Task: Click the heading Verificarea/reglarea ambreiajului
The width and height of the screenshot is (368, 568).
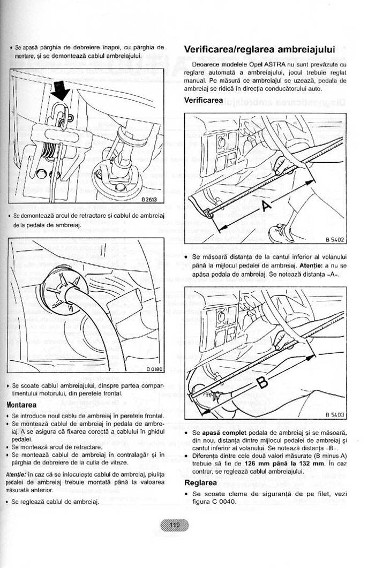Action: tap(259, 50)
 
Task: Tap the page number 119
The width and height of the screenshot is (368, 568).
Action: tap(175, 525)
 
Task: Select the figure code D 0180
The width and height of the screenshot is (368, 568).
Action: tap(154, 369)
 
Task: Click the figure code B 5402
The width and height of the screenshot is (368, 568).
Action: tap(334, 240)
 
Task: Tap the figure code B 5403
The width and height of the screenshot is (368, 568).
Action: tap(334, 414)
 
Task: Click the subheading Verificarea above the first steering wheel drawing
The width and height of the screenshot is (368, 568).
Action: tap(204, 100)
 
